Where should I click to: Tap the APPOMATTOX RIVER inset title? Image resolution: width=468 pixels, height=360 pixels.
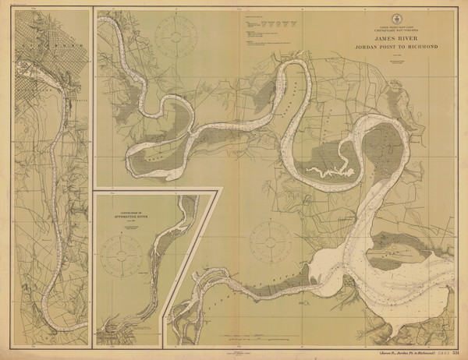[x=127, y=210]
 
